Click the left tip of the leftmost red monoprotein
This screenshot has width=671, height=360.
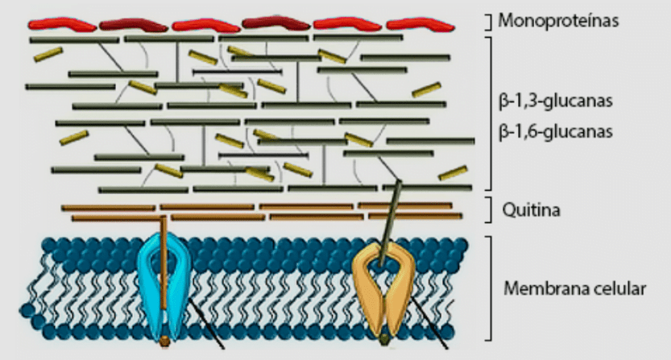coord(29,24)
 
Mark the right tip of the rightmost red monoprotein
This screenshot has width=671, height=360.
coord(454,26)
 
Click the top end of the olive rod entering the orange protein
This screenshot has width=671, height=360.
coord(400,181)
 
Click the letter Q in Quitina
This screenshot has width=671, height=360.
coord(508,209)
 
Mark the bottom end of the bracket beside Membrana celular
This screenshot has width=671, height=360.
coord(488,341)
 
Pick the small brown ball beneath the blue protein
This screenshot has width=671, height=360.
coord(164,341)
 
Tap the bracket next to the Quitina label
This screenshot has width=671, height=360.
coord(488,209)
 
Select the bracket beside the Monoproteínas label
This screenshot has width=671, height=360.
coord(488,22)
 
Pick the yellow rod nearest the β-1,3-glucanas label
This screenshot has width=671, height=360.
coord(426,90)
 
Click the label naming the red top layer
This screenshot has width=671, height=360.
coord(558,21)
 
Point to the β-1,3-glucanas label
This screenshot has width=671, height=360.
coord(556,101)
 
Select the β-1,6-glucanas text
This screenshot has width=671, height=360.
coord(556,131)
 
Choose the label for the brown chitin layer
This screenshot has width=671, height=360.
coord(531,209)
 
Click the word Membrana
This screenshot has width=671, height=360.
coord(541,288)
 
